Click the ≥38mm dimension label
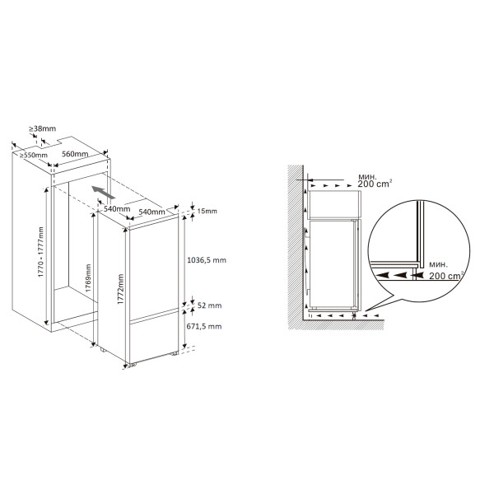pyautogui.click(x=43, y=128)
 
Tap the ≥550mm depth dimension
pyautogui.click(x=34, y=155)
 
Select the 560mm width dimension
pyautogui.click(x=75, y=154)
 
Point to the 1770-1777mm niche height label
pyautogui.click(x=40, y=252)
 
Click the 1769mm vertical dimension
pyautogui.click(x=88, y=278)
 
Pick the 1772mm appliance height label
pyautogui.click(x=121, y=289)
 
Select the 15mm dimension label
pyautogui.click(x=207, y=211)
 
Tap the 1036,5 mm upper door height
pyautogui.click(x=207, y=260)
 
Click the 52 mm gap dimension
pyautogui.click(x=209, y=305)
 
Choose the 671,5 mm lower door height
pyautogui.click(x=204, y=326)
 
